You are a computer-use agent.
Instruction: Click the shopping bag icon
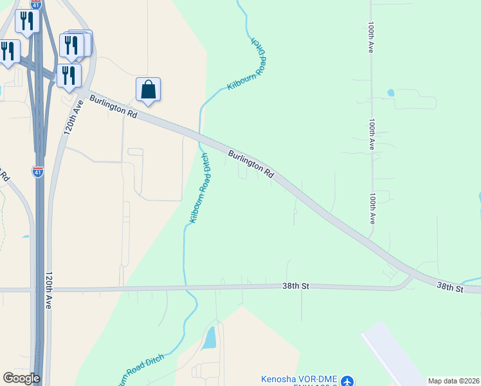coord(148,89)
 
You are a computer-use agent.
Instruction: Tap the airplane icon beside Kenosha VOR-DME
coord(348,381)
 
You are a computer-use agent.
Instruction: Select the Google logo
coord(21,378)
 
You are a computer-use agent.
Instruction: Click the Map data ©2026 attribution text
coord(453,381)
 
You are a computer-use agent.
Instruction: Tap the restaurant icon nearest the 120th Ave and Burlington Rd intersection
coord(69,75)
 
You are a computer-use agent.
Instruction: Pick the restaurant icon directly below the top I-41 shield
coord(27,21)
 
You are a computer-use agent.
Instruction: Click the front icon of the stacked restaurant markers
coord(71,44)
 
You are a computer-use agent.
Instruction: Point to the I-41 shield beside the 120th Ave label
coord(38,172)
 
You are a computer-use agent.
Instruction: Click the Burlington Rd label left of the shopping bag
coord(114,106)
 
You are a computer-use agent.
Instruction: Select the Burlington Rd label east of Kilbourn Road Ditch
coord(251,164)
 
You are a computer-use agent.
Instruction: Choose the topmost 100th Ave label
coord(371,40)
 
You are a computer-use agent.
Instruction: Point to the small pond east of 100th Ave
coord(391,93)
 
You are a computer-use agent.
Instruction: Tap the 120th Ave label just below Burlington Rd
coord(73,116)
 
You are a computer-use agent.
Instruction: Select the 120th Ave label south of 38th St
coord(48,290)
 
